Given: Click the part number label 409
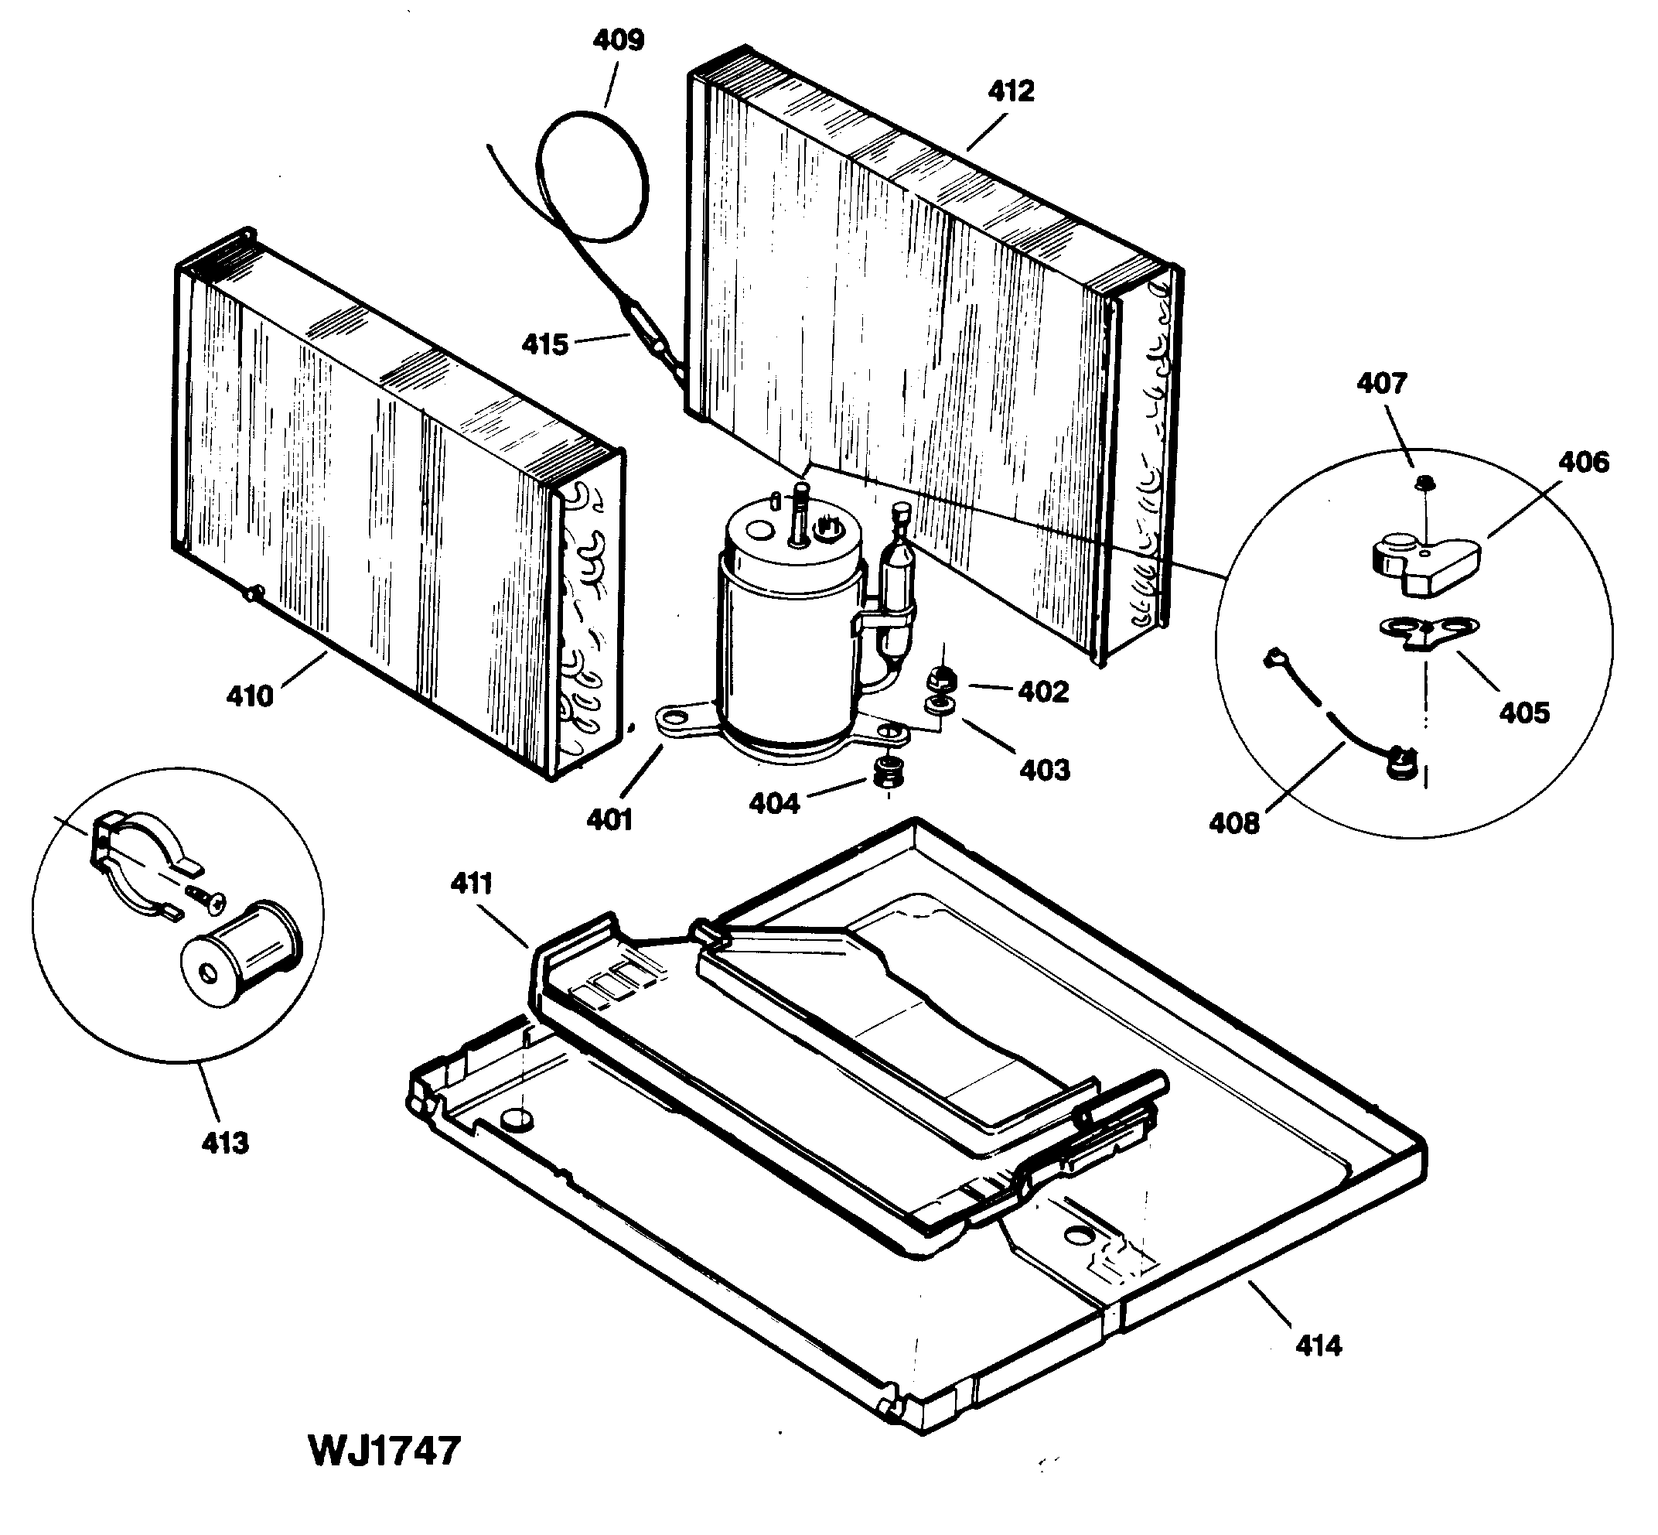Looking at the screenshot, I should [x=619, y=40].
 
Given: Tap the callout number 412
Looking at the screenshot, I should [x=1011, y=91].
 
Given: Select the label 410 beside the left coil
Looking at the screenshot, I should [x=250, y=696].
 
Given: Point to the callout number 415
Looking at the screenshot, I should [x=544, y=344].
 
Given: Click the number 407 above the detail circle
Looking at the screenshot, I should [x=1381, y=383].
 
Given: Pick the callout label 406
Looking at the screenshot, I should [x=1582, y=462].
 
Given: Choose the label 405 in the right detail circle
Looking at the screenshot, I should [x=1523, y=713].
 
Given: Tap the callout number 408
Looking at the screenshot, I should [x=1233, y=823].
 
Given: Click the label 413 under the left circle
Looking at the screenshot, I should [x=225, y=1143].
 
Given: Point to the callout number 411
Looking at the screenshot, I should [x=472, y=883].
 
